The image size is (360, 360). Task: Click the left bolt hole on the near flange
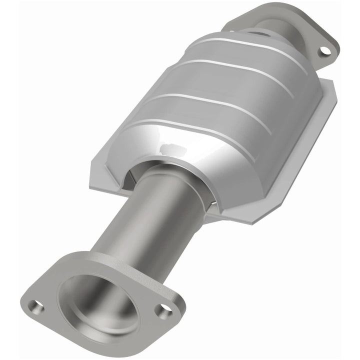coord(36,305)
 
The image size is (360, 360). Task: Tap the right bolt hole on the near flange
coord(163,311)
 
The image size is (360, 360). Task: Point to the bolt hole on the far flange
coord(325,50)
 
